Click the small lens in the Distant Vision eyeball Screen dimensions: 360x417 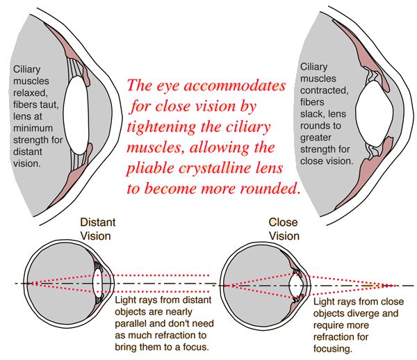(99, 284)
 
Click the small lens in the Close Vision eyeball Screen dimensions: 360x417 (295, 286)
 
